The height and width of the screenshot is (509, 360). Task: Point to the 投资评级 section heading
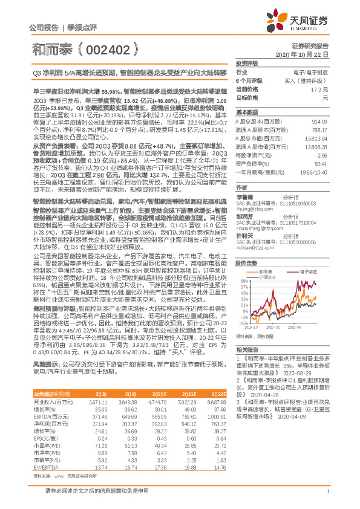246,63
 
